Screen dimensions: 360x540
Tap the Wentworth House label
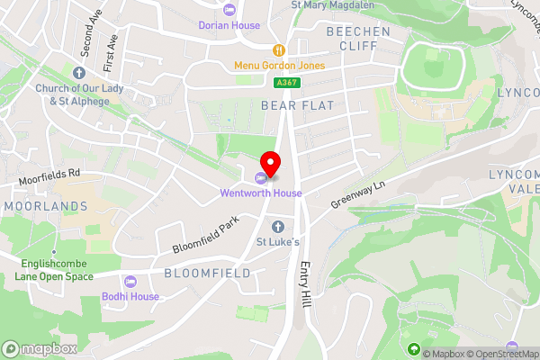262,193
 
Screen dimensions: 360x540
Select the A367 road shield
287,83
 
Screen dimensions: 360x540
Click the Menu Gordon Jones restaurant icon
280,49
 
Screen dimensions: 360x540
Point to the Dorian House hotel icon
229,10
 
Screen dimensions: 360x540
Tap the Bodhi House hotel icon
130,281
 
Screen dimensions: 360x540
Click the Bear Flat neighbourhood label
297,106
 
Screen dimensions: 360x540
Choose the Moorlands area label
45,206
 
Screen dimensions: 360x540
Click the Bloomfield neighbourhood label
206,272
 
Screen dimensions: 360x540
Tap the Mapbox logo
40,348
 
